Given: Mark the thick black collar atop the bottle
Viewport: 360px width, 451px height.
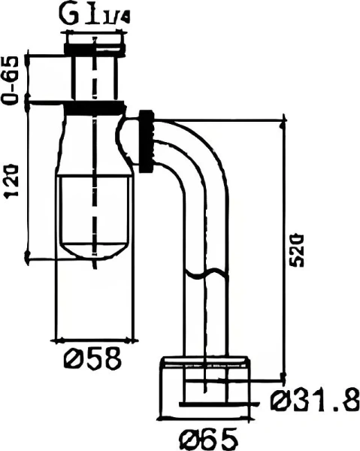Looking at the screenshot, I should click(x=94, y=107).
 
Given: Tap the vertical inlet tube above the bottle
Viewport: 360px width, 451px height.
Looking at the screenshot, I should click(x=94, y=75).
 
